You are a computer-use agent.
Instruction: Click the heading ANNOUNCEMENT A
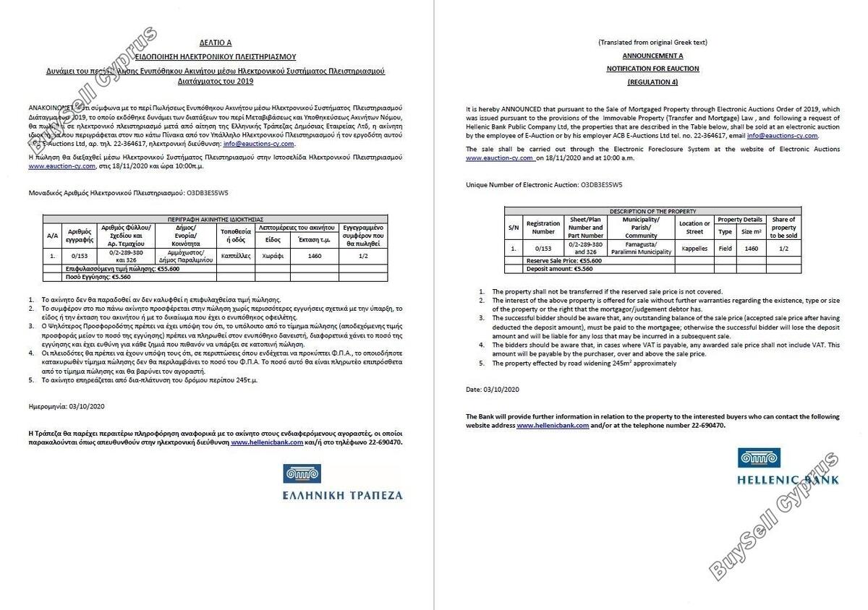coord(652,56)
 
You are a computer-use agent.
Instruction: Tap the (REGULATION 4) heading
coord(652,82)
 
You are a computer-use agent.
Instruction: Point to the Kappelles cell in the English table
coord(694,248)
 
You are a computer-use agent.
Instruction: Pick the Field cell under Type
coord(725,248)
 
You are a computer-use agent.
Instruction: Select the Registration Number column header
coord(543,227)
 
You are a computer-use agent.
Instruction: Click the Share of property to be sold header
coord(783,227)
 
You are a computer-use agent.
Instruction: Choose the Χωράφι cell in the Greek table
coord(273,255)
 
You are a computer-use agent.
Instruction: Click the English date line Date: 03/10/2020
coord(493,390)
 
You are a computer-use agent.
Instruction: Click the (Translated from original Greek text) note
coord(652,43)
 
